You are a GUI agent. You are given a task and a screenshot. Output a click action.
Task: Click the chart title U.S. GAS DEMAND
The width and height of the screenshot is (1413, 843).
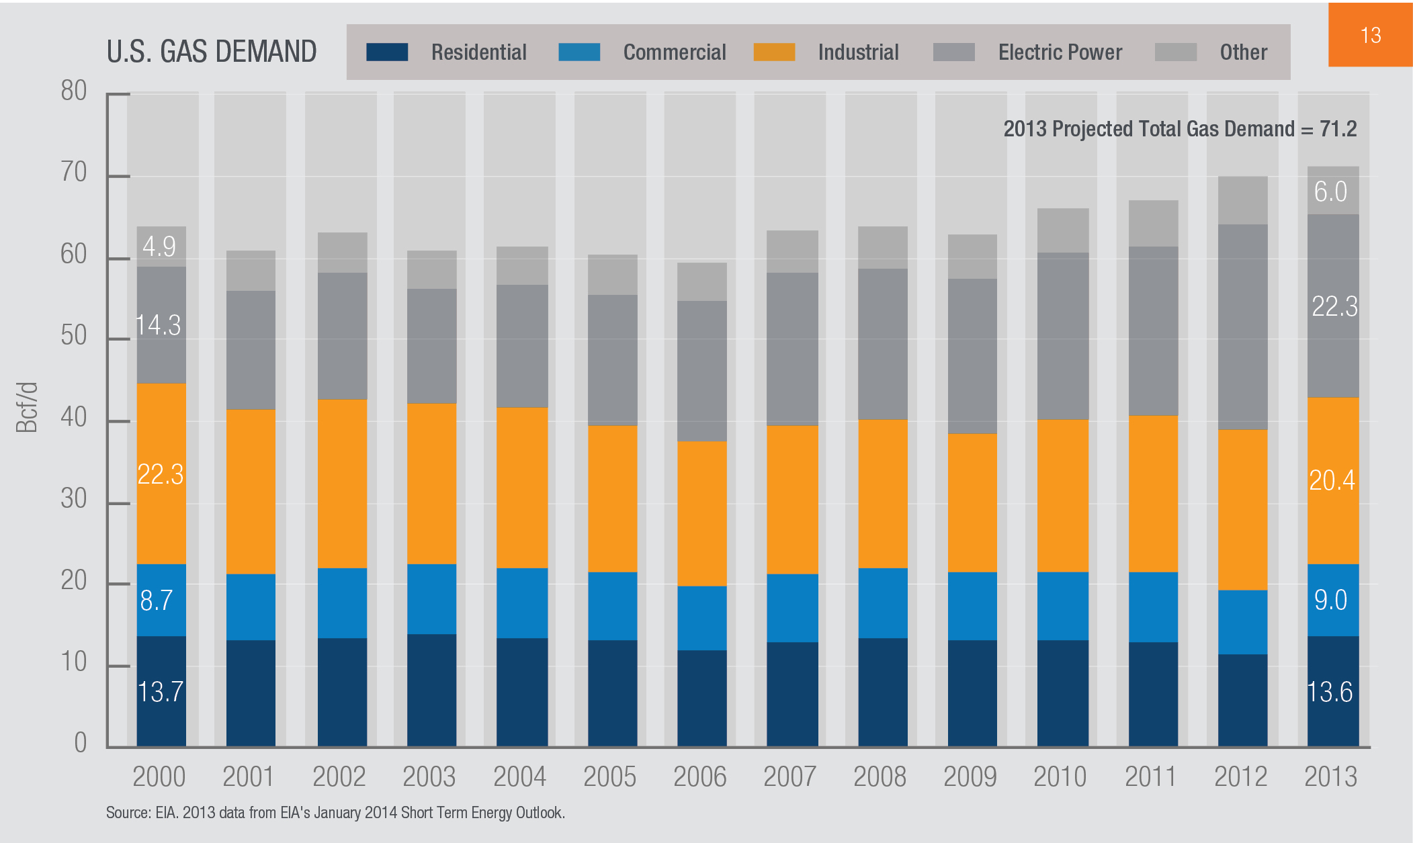[x=212, y=52]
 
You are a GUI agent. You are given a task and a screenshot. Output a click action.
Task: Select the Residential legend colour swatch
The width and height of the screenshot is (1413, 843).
[x=387, y=52]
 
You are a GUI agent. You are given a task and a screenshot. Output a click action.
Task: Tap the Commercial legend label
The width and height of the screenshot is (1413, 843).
[x=674, y=52]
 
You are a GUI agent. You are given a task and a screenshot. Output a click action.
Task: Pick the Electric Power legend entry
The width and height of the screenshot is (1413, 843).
[x=1060, y=52]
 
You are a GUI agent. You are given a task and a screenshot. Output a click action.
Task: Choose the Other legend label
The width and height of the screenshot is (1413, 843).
[x=1243, y=52]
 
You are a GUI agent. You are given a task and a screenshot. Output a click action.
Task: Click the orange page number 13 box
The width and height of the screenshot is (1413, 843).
[x=1370, y=35]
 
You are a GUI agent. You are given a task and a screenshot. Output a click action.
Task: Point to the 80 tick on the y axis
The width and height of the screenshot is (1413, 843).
[x=74, y=91]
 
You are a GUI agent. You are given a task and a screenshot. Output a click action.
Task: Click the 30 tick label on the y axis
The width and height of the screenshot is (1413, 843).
[x=74, y=499]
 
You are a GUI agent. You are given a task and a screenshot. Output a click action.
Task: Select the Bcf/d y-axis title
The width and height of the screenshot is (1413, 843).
[x=27, y=408]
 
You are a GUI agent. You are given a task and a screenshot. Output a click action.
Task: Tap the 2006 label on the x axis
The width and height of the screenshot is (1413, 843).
[x=699, y=777]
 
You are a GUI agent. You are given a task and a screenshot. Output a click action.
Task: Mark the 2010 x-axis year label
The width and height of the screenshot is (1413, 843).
[x=1060, y=777]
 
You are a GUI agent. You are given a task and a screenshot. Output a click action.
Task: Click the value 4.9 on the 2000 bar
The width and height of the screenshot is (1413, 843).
[x=159, y=247]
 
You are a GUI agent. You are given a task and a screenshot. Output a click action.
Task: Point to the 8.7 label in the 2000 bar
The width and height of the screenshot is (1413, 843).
[x=157, y=600]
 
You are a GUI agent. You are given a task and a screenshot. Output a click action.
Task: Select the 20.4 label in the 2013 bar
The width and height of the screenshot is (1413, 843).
[x=1332, y=480]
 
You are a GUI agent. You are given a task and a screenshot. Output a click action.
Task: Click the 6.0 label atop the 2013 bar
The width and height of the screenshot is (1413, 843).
[x=1330, y=191]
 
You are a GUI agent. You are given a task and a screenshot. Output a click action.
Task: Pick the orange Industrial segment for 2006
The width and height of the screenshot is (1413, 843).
[x=701, y=513]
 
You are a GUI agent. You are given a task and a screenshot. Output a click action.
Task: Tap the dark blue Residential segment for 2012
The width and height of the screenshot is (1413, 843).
[x=1242, y=700]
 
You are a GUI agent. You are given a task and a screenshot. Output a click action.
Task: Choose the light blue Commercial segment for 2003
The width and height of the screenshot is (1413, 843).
[x=431, y=598]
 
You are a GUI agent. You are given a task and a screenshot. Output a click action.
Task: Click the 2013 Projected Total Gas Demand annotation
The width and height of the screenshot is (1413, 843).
[x=1180, y=128]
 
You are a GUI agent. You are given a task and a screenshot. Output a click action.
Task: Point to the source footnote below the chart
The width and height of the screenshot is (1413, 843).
[x=335, y=813]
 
